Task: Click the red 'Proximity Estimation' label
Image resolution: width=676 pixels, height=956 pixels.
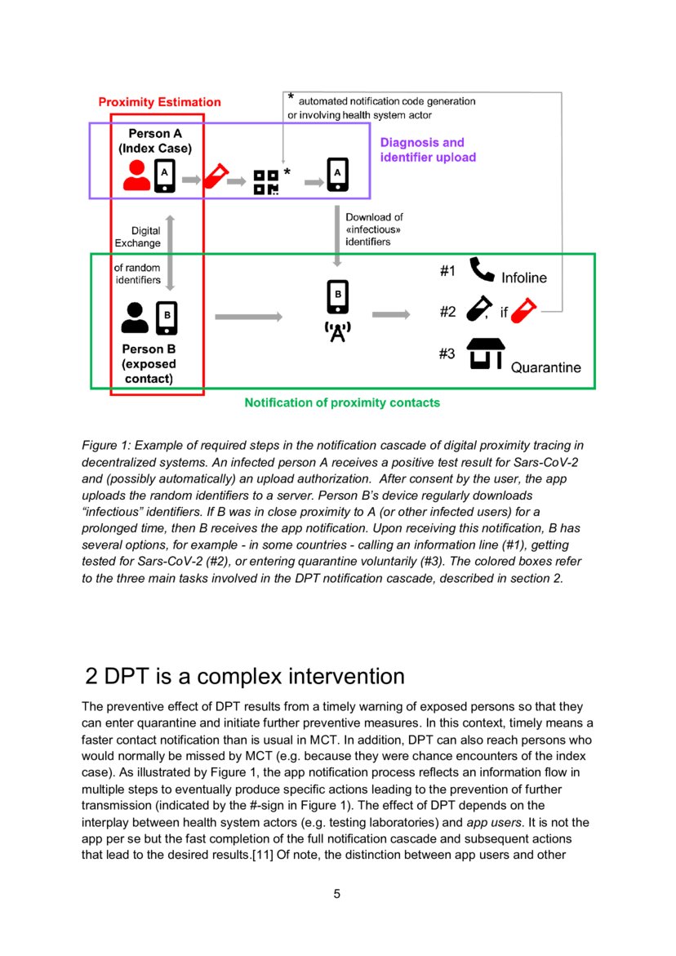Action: pyautogui.click(x=159, y=102)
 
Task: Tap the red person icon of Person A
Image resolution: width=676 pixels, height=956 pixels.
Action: pyautogui.click(x=136, y=176)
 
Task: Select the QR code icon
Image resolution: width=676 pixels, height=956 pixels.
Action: pyautogui.click(x=265, y=182)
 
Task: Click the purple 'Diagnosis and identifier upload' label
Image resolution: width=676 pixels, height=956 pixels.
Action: pyautogui.click(x=428, y=149)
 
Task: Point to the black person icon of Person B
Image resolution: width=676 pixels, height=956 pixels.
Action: pyautogui.click(x=136, y=318)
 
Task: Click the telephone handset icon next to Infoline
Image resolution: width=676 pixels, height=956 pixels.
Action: pyautogui.click(x=483, y=271)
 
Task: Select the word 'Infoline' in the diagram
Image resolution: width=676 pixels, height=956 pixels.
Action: pyautogui.click(x=524, y=278)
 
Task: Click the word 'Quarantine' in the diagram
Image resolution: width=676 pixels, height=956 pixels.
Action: pyautogui.click(x=546, y=367)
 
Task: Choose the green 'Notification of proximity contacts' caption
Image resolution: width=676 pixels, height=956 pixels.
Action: pyautogui.click(x=342, y=402)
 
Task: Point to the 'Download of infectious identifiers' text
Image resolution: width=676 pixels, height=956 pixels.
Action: pyautogui.click(x=374, y=229)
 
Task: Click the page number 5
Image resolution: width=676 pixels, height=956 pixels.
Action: pyautogui.click(x=337, y=893)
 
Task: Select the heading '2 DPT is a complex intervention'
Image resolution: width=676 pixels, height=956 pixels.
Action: pyautogui.click(x=245, y=676)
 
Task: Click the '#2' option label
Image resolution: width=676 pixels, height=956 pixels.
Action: pyautogui.click(x=447, y=311)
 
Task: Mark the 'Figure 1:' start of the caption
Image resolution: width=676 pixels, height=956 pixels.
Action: pyautogui.click(x=105, y=446)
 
